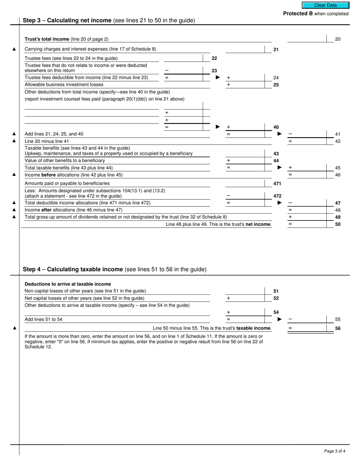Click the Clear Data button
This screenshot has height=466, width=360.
(x=325, y=5)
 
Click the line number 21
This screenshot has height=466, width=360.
(x=276, y=49)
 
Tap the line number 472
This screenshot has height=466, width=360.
(x=277, y=196)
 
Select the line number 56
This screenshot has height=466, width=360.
(x=338, y=328)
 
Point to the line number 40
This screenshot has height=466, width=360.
(x=276, y=127)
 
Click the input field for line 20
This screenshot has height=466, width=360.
(x=307, y=39)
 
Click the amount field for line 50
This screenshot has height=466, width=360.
(x=307, y=224)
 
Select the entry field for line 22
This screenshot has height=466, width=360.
(x=183, y=58)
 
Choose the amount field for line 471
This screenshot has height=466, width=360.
(x=245, y=183)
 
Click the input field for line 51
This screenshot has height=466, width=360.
(x=245, y=291)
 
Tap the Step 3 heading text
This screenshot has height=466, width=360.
(x=109, y=20)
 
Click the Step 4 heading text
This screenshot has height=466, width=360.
(x=114, y=269)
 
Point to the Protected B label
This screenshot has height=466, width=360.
(x=316, y=14)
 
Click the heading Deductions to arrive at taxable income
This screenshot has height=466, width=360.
(x=68, y=284)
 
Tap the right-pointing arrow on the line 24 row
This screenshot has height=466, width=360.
(x=218, y=77)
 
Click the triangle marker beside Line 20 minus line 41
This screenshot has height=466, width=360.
(x=14, y=141)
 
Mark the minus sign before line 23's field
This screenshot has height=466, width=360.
(x=167, y=70)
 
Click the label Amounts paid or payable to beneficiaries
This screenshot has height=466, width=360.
(x=67, y=183)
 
